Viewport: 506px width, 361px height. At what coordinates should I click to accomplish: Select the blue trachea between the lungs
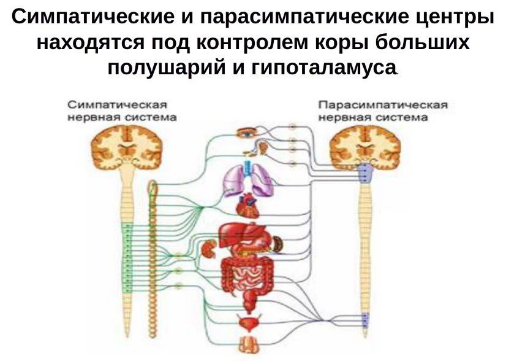248,168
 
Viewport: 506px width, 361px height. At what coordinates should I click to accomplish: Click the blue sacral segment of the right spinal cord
366,320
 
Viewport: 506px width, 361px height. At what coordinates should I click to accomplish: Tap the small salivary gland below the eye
263,148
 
